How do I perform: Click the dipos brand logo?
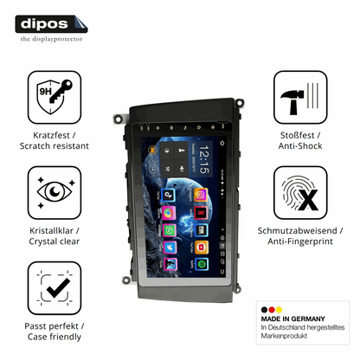point(51,24)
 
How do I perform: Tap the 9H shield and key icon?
point(55,97)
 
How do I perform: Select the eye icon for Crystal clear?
point(55,192)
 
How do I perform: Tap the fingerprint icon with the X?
point(300,192)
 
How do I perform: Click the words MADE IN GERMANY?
point(292,318)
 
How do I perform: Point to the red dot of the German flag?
point(272,310)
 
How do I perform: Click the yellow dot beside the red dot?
point(279,310)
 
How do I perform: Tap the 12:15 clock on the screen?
point(204,159)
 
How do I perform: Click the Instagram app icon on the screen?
point(201,195)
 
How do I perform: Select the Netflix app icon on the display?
point(201,213)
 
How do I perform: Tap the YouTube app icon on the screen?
point(201,247)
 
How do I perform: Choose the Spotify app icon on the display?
point(202,264)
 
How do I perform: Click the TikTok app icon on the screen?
point(168,196)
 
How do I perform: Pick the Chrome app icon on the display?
point(169,213)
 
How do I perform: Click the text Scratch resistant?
point(55,146)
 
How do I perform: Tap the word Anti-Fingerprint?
point(300,241)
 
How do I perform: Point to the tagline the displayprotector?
point(51,39)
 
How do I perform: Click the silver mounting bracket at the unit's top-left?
point(119,119)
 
